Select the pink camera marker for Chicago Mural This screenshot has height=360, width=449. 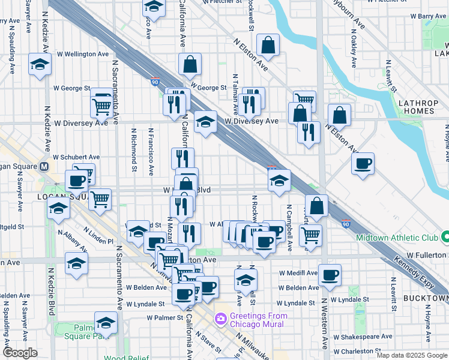[x=221, y=317]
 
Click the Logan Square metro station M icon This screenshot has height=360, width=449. [x=44, y=167]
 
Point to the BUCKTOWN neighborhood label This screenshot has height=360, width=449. [x=426, y=298]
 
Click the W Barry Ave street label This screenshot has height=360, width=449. [x=426, y=16]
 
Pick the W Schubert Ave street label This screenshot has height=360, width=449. [x=76, y=157]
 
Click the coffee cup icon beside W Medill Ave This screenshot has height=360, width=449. [x=330, y=275]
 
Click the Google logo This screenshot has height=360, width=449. [x=20, y=353]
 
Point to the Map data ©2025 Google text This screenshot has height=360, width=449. [x=412, y=355]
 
